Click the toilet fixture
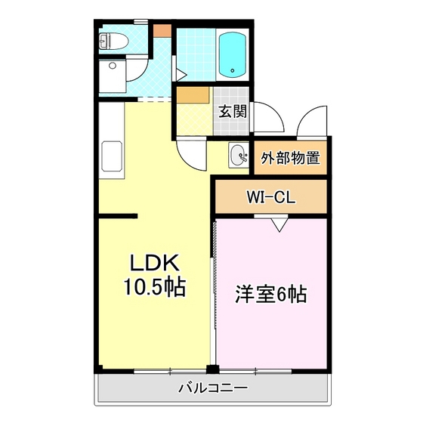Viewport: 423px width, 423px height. [113, 41]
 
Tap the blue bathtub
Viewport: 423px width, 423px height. [233, 54]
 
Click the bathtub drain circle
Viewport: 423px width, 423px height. [233, 71]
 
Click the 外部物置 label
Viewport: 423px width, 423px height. [290, 158]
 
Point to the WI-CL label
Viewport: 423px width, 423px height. [270, 198]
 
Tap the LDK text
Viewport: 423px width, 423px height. [154, 263]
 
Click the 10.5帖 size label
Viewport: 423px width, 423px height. [154, 287]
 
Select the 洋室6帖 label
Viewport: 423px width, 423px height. [271, 295]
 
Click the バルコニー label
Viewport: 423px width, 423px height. [213, 388]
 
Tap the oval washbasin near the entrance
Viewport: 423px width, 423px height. [239, 155]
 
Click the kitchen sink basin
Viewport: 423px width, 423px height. [112, 156]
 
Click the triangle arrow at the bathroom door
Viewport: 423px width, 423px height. [181, 75]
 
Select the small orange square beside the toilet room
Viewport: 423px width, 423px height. [162, 31]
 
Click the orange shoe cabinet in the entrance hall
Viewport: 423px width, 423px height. [193, 94]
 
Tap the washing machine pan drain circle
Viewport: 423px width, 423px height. [112, 66]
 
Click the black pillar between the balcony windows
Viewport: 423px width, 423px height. [212, 369]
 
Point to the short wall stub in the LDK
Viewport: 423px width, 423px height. [118, 216]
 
